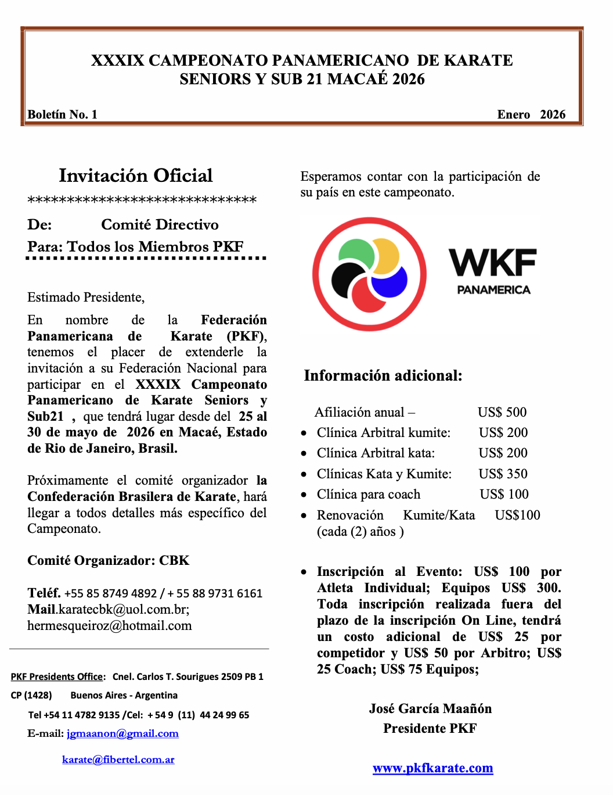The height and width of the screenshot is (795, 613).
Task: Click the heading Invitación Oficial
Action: pos(136,176)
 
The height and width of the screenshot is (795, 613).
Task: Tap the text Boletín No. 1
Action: pos(62,114)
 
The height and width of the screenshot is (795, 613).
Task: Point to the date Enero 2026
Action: pos(531,114)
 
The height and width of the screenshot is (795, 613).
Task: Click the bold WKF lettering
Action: pos(492,263)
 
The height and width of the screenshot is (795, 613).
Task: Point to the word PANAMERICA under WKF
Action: pos(493,290)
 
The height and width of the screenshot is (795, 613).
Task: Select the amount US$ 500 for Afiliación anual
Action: pos(502,412)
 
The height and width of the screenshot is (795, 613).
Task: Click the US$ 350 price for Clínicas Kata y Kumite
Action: pos(503,474)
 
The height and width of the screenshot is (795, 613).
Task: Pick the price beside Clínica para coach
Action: pos(504,494)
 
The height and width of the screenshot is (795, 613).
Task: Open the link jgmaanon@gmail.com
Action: pos(122,733)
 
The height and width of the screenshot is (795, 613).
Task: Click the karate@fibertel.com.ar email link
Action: pos(118,760)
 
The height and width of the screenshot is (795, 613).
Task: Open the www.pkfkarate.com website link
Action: pos(432,768)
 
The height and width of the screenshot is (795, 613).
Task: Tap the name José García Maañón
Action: pos(430,708)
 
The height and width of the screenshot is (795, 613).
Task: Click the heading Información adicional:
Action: pos(383,375)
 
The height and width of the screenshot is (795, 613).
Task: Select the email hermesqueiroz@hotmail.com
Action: pos(109,625)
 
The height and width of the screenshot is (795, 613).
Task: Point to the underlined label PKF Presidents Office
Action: pos(57,676)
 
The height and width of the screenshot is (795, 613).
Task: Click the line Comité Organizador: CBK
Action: pos(109,560)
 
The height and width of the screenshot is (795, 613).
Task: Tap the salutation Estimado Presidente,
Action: pos(86,297)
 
